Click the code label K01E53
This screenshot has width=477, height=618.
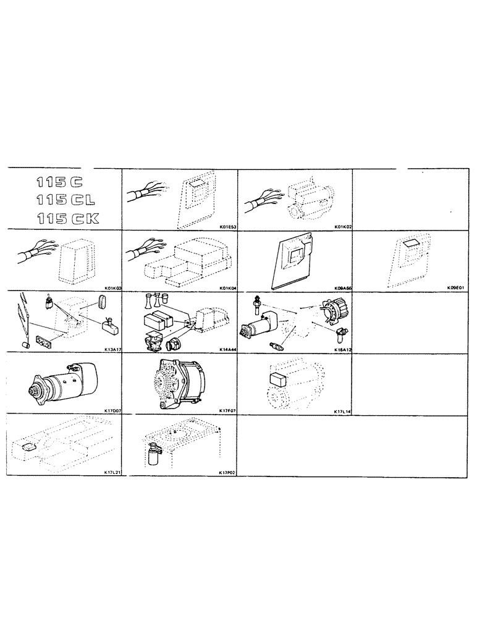[x=227, y=227]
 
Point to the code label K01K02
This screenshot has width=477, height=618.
[x=342, y=227]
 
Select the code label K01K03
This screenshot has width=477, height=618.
[x=112, y=288]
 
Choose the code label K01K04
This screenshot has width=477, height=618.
[x=227, y=288]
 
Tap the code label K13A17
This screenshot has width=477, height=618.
[x=112, y=349]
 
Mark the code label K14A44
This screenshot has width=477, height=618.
[x=227, y=349]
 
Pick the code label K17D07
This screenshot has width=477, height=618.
[x=112, y=410]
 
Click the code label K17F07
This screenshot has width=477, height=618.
[x=227, y=410]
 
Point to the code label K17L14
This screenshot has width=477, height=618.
[x=342, y=410]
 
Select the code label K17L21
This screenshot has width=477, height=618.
[x=112, y=472]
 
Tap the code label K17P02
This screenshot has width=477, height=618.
[x=227, y=472]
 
